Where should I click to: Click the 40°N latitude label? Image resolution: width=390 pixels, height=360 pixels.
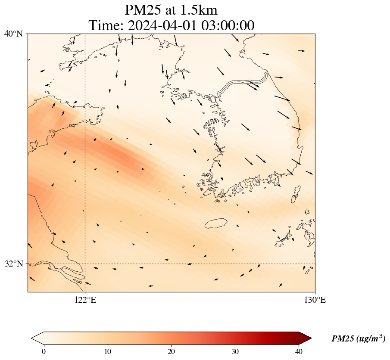(x=13, y=34)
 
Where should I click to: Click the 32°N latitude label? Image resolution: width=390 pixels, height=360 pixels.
(x=13, y=264)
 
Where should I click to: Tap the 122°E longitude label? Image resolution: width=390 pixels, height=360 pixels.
(x=85, y=300)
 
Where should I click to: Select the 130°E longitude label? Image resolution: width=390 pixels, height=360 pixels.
(x=315, y=300)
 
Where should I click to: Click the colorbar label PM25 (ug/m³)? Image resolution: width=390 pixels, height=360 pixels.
(x=358, y=339)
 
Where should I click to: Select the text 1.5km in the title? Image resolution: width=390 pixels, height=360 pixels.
(x=204, y=10)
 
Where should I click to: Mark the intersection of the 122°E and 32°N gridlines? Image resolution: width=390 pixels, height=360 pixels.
(x=85, y=264)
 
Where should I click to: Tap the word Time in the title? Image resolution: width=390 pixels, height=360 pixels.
(x=104, y=25)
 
